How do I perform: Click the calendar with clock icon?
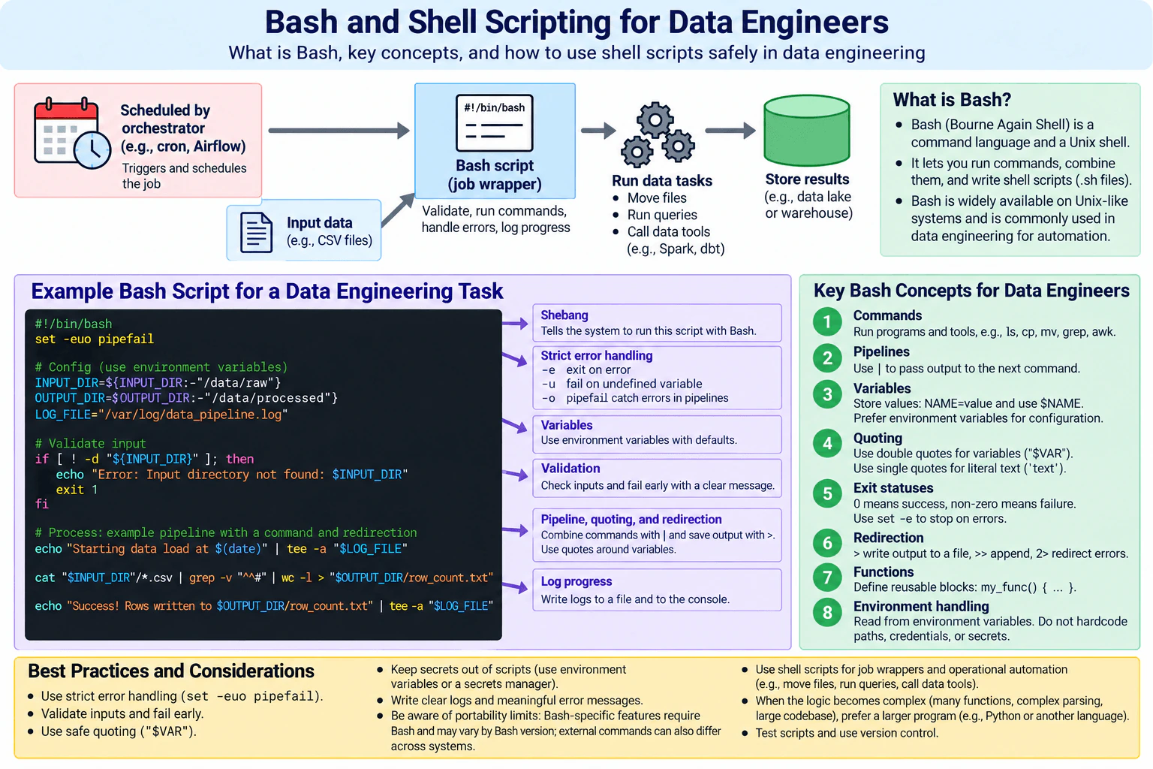point(71,133)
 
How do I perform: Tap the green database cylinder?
point(807,130)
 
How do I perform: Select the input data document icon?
point(256,232)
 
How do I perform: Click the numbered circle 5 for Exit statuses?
point(827,493)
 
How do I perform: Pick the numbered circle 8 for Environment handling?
point(827,612)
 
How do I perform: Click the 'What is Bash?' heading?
point(952,99)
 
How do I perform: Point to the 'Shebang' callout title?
point(564,315)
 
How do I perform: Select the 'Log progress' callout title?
point(576,581)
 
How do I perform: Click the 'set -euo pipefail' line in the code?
point(94,339)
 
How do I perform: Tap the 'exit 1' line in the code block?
point(77,490)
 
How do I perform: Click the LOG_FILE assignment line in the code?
point(161,415)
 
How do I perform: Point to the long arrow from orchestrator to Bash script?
point(339,131)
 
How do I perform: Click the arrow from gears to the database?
point(730,131)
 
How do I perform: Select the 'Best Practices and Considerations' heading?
point(171,671)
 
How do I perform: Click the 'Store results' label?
point(807,179)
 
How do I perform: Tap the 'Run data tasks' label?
point(662,180)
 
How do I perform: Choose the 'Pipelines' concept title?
point(881,351)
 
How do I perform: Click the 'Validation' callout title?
point(570,468)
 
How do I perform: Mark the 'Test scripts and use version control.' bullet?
point(847,732)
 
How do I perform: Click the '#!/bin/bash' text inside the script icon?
point(494,107)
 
